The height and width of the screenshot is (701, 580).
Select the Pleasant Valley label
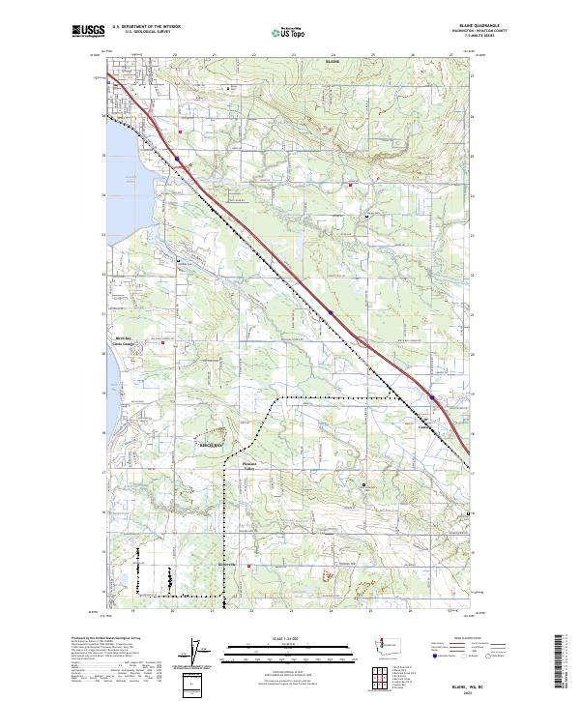pyautogui.click(x=248, y=465)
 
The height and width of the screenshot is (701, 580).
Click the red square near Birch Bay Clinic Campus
pyautogui.click(x=163, y=342)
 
